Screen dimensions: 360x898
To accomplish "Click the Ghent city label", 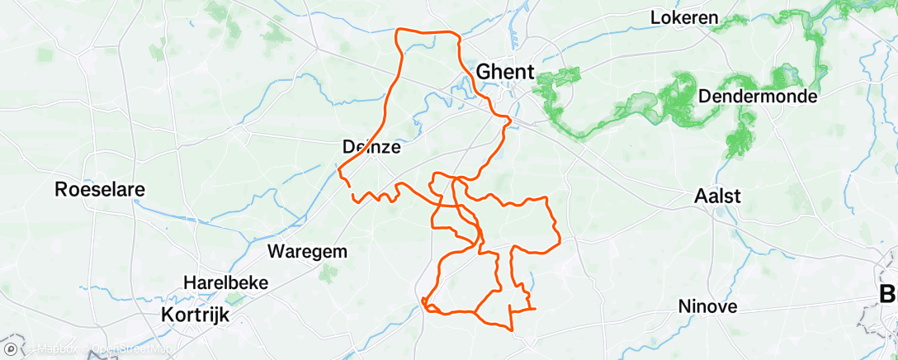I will (505, 70).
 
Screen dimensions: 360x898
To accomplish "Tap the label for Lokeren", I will (684, 17).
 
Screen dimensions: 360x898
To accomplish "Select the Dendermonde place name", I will (758, 97).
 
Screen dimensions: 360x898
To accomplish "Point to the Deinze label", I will (371, 148).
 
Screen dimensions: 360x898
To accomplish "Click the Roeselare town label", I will (100, 189).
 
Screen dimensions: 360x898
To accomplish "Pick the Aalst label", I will (718, 197).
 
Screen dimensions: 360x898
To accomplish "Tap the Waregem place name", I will (307, 251).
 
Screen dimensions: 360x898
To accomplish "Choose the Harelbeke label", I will (227, 282).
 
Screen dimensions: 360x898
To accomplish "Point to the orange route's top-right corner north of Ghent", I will (456, 34).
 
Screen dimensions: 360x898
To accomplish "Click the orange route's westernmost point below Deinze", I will (339, 169).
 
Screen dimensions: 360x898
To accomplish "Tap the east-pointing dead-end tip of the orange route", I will (535, 309).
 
